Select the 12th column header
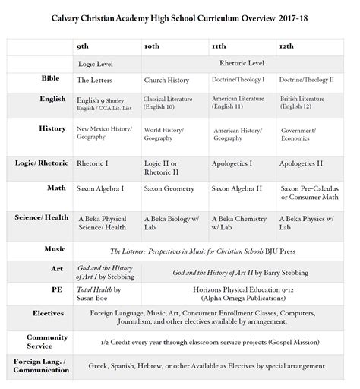click(286, 46)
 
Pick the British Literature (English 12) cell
click(307, 103)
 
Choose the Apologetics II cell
click(301, 163)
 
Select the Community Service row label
click(47, 341)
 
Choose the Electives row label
click(49, 312)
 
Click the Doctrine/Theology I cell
click(240, 80)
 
